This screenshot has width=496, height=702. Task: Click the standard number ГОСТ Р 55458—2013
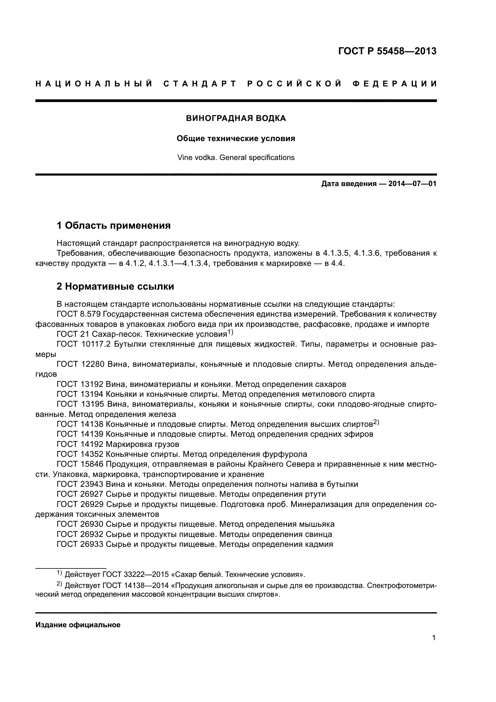(387, 51)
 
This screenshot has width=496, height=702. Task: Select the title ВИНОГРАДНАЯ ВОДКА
(236, 118)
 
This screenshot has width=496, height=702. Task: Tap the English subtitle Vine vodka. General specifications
(236, 158)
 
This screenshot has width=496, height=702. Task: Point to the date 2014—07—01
(412, 184)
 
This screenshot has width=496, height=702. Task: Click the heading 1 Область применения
(114, 226)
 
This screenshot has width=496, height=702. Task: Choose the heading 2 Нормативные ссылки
(115, 287)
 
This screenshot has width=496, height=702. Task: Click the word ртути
(315, 494)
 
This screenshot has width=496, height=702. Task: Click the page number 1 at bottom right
(434, 638)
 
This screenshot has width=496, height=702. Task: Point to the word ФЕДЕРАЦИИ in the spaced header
(395, 84)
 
